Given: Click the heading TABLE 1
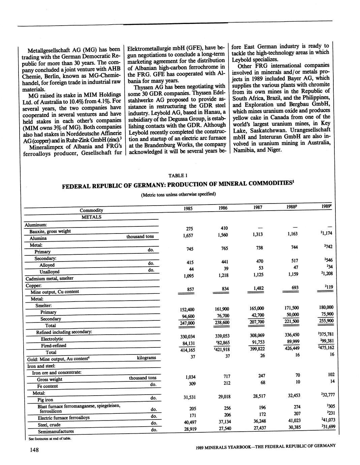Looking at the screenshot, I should pos(178,175).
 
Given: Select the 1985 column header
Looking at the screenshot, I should pos(188,209).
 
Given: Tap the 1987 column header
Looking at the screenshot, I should pos(258,208).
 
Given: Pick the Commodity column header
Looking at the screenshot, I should pos(91,210).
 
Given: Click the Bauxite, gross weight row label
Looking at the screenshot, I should pos(50,231).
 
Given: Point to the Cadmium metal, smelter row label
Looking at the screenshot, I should pos(50,279).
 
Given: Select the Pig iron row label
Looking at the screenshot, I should pos(45,400).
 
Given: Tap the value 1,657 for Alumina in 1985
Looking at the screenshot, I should pos(188,236).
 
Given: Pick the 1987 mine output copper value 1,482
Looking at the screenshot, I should pos(258,288).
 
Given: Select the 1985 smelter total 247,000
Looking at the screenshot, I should pos(187,323).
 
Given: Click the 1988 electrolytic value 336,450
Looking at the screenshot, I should pos(292,335).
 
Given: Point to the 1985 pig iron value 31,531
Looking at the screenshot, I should pos(190,398).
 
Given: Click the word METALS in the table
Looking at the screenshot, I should pos(91,217).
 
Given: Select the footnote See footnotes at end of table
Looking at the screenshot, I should pos(50,438).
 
